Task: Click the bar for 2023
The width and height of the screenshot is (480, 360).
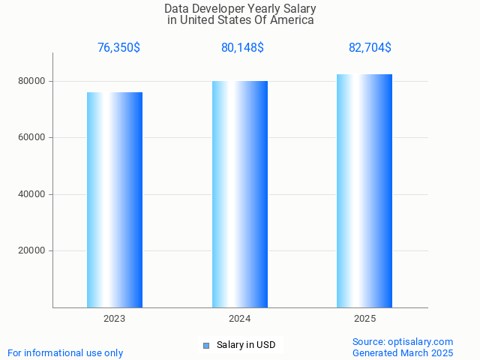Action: [x=115, y=199]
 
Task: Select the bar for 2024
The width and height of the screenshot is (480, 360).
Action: [x=240, y=194]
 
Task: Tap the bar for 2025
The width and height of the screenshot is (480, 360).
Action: [x=364, y=190]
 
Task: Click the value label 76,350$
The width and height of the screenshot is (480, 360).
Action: [x=118, y=48]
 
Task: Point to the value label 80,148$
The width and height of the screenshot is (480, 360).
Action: [x=242, y=48]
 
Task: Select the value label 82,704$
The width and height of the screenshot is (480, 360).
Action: [x=370, y=48]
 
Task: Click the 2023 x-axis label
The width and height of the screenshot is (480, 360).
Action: [x=115, y=319]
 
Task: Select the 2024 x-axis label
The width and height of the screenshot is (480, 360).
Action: [x=240, y=319]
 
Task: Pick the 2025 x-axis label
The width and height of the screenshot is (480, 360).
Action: [x=365, y=319]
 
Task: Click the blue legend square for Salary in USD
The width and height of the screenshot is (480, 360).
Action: [x=206, y=345]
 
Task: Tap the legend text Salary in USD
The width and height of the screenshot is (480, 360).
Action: [x=246, y=345]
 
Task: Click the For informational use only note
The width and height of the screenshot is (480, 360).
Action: [x=65, y=352]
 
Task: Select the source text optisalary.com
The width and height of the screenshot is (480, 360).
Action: [x=424, y=341]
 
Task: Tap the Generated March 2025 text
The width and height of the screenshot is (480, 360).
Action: [x=403, y=352]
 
